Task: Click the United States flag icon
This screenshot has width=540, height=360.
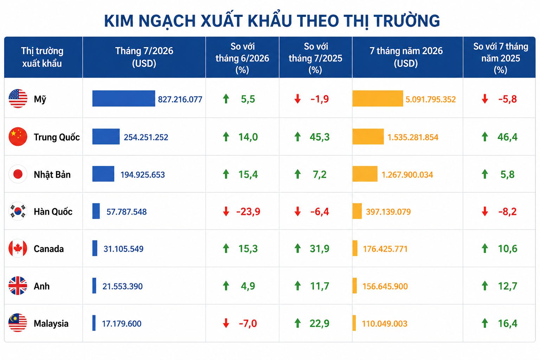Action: pyautogui.click(x=18, y=98)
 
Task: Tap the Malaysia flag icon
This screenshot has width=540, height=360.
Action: pyautogui.click(x=18, y=323)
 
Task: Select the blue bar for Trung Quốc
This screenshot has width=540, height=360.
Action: pyautogui.click(x=106, y=136)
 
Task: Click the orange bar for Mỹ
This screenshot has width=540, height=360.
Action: pyautogui.click(x=378, y=98)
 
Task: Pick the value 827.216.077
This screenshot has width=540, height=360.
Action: pyautogui.click(x=180, y=99)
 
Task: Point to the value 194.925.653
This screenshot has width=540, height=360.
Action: pyautogui.click(x=142, y=175)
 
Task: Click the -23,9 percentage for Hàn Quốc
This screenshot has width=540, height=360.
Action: pyautogui.click(x=248, y=212)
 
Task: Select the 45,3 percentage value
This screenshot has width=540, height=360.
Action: pyautogui.click(x=320, y=137)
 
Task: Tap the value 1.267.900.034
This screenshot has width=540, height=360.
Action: pyautogui.click(x=407, y=175)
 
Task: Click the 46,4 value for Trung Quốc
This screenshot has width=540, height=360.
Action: pyautogui.click(x=507, y=137)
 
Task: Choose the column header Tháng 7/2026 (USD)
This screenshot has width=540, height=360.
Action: pyautogui.click(x=144, y=57)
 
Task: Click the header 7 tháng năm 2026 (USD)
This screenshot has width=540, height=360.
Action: pyautogui.click(x=406, y=57)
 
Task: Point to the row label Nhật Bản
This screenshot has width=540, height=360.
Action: pyautogui.click(x=52, y=175)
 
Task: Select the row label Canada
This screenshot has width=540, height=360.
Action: pyautogui.click(x=49, y=249)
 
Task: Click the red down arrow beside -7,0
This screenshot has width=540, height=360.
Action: pyautogui.click(x=226, y=323)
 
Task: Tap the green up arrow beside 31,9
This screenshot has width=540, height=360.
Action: pyautogui.click(x=297, y=248)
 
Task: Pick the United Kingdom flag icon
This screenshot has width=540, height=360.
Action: pyautogui.click(x=18, y=286)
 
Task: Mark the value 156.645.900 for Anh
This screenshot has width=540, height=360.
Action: pyautogui.click(x=385, y=286)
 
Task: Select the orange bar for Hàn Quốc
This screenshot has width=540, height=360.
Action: pyautogui.click(x=357, y=211)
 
